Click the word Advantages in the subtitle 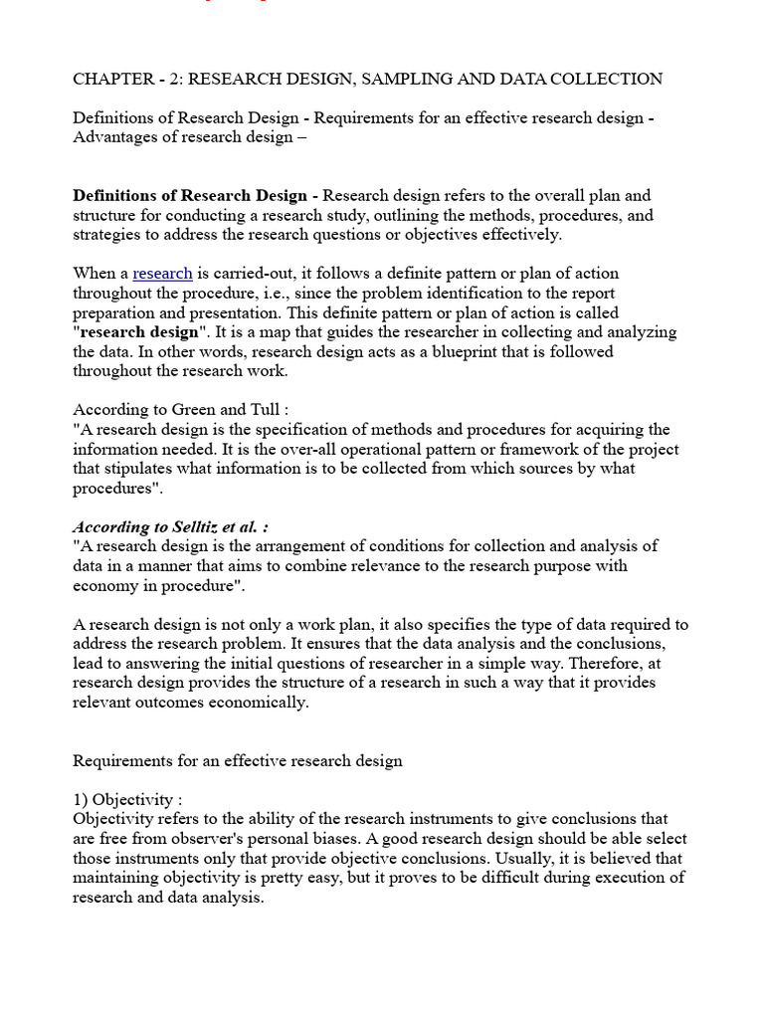(112, 137)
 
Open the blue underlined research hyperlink (162, 274)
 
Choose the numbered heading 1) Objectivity (126, 800)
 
